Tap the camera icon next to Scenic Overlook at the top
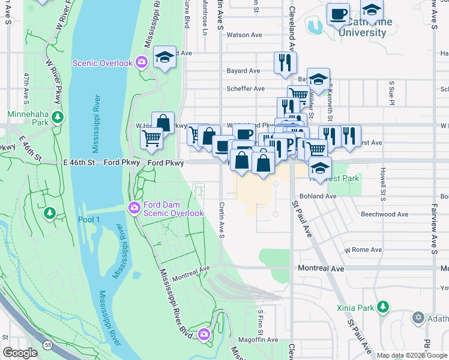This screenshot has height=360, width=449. pos(142,62)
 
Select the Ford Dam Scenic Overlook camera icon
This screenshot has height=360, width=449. pos(133,208)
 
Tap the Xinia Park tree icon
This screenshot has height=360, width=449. pos(382,308)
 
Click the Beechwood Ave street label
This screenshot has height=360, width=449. pos(384,214)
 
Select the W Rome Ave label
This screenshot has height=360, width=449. pos(363,250)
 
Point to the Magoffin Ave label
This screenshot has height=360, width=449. pos(259,340)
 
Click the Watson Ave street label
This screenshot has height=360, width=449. pos(246,35)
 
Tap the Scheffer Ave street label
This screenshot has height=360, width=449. pos(246,89)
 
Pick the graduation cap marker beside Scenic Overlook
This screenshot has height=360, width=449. pos(164,57)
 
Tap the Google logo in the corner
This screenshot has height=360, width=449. pos(20,353)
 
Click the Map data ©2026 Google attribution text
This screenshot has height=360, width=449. pos(412,355)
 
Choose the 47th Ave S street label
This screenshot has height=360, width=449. pos(26,88)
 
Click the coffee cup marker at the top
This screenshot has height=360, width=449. pos(338,14)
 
